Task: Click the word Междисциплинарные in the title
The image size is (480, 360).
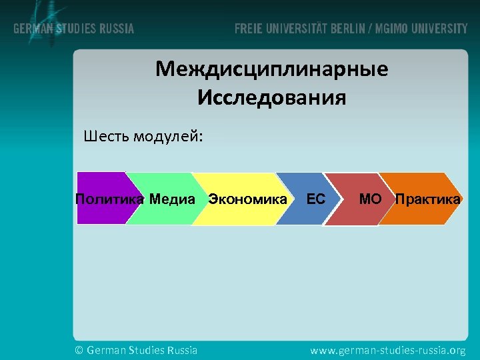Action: point(272,69)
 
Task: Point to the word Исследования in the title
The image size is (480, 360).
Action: point(272,99)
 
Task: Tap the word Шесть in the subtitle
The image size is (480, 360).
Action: point(107,137)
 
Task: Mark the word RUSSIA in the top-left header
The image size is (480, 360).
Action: point(116,29)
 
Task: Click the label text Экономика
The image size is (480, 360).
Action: point(247,199)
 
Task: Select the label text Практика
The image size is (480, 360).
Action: point(427,199)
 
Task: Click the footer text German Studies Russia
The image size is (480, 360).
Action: point(142,350)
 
